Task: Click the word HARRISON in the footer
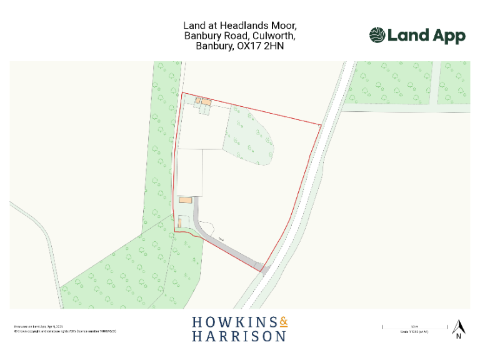(x=239, y=336)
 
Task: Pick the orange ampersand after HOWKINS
(x=284, y=322)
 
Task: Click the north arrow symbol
(x=458, y=327)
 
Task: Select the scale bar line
(x=414, y=326)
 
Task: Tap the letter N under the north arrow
(x=458, y=337)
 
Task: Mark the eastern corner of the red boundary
(x=321, y=125)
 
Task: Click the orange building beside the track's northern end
(x=185, y=201)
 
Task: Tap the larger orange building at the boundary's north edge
(x=206, y=101)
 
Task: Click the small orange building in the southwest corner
(x=181, y=221)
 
